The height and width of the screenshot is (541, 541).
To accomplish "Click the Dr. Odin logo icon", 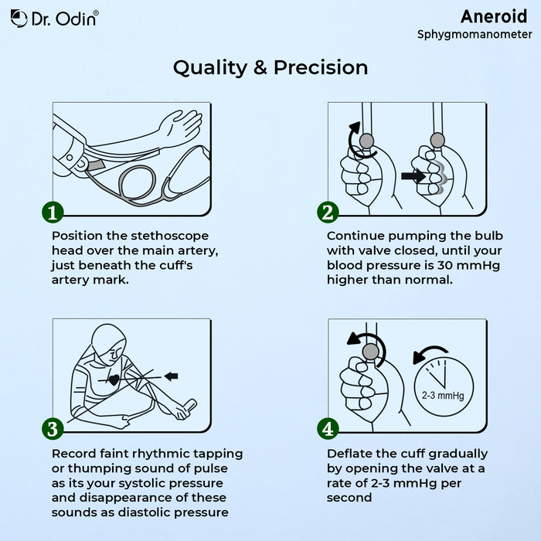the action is [19, 18].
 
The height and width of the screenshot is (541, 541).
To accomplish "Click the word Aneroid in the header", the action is [494, 16].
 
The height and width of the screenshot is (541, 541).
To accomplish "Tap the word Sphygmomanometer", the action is [475, 35].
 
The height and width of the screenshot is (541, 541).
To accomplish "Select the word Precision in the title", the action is [321, 67].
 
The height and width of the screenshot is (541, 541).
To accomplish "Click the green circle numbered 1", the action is [53, 213].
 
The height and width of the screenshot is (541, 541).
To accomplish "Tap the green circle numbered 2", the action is [328, 213].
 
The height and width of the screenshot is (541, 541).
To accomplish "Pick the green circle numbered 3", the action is [53, 429].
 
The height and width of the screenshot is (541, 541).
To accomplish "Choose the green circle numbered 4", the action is [328, 429].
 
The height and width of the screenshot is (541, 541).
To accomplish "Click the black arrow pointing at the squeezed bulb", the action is [413, 176].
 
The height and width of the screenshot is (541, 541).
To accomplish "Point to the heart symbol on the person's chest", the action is [114, 380].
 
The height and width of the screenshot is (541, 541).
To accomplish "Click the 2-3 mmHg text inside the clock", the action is [443, 396].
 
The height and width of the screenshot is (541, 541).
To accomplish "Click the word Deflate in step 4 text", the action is [348, 454].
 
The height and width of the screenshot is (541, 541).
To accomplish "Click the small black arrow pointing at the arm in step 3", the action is [171, 376].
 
